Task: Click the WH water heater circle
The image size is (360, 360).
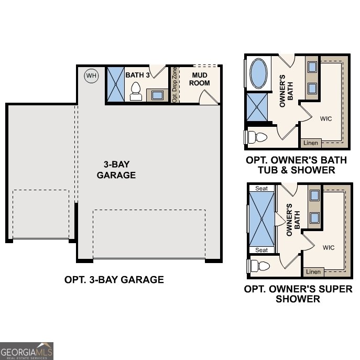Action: (x=92, y=76)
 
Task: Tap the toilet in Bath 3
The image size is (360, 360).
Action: (x=136, y=91)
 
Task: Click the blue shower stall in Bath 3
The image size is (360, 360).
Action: (x=114, y=84)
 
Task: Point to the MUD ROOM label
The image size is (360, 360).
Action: (x=200, y=79)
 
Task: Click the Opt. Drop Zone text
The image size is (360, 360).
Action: (x=174, y=84)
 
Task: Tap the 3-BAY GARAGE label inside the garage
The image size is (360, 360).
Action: (x=116, y=170)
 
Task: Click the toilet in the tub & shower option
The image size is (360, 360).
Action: (x=257, y=137)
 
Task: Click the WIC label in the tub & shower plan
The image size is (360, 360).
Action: (x=326, y=118)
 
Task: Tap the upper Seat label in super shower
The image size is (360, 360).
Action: (x=261, y=189)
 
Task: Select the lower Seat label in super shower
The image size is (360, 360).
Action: (x=261, y=250)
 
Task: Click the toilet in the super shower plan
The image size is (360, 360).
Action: (x=258, y=265)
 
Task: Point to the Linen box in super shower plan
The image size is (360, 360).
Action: (x=313, y=271)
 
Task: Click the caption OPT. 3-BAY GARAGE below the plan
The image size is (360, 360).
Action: (x=114, y=280)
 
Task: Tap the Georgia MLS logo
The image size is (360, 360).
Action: (x=26, y=351)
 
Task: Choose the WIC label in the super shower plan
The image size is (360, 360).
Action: (x=329, y=247)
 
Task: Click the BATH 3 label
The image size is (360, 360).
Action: (x=138, y=75)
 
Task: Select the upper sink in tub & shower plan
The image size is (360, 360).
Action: (x=311, y=67)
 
